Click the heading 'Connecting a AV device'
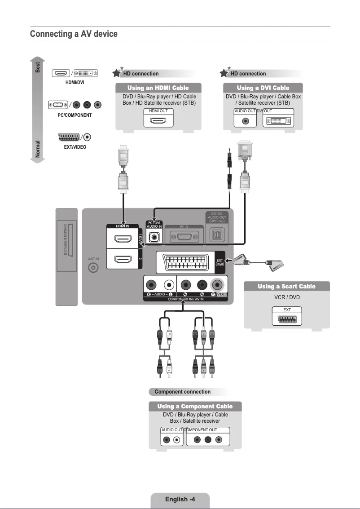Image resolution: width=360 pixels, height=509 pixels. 74,34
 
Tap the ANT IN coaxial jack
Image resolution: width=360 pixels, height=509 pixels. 93,268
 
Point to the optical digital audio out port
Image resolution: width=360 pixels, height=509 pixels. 218,235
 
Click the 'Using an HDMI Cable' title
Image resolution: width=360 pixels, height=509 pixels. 158,88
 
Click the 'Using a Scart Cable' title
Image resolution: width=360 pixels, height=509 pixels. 286,286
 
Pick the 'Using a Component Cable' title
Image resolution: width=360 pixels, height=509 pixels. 195,406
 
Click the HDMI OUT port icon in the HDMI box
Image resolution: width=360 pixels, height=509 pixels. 158,121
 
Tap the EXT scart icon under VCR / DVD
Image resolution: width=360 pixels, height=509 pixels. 287,319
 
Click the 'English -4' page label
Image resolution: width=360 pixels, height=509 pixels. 180,499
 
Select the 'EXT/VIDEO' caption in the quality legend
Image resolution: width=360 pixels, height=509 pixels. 75,147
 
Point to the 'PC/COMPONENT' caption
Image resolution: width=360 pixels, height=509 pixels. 75,115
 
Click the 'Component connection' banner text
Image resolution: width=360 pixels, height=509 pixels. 182,392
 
